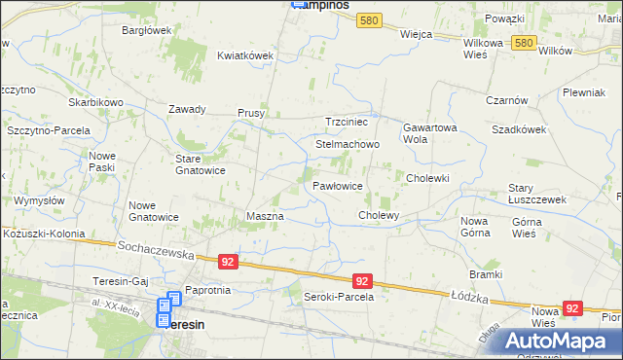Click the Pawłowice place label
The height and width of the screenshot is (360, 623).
click(338, 185)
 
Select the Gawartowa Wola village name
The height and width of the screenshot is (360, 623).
click(429, 132)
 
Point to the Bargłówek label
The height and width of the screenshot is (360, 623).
click(146, 30)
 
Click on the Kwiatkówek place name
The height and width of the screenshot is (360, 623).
click(245, 55)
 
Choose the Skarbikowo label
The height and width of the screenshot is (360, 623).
click(95, 102)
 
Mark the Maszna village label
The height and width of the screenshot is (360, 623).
click(265, 216)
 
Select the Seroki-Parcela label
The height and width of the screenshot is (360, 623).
click(339, 297)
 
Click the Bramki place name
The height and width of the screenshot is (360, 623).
click(485, 275)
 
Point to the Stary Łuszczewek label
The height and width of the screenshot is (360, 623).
click(537, 193)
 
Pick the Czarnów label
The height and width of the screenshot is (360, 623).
click(506, 100)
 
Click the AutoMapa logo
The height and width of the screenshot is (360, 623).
click(555, 341)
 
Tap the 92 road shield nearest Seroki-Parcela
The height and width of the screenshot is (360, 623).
click(361, 280)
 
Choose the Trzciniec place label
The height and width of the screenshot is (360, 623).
click(346, 122)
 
